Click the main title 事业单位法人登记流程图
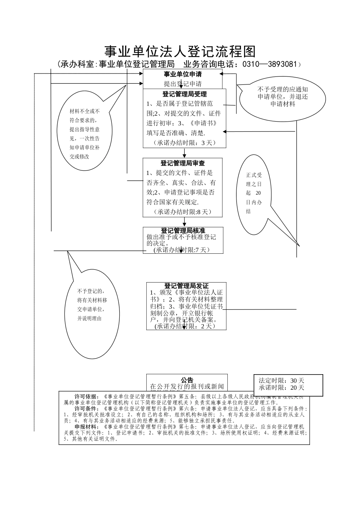click(180, 52)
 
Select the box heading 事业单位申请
click(182, 74)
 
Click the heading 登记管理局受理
click(185, 94)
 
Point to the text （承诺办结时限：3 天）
click(184, 143)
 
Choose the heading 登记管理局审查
click(183, 163)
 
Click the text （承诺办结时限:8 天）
click(183, 212)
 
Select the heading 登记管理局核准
click(183, 231)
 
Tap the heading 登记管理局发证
click(186, 286)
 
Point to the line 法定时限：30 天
click(282, 381)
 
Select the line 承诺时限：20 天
click(282, 387)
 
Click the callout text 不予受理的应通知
click(283, 90)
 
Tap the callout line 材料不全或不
click(85, 111)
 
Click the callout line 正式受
click(254, 175)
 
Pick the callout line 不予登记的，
click(91, 291)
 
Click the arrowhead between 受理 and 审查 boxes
click(185, 155)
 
